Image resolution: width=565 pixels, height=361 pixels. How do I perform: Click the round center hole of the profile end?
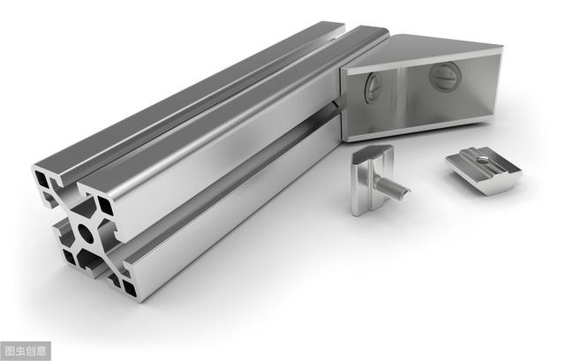pyautogui.click(x=86, y=234)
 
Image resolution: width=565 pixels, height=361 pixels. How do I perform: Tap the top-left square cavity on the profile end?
pyautogui.click(x=41, y=179)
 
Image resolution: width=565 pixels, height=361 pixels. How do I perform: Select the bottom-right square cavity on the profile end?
pyautogui.click(x=130, y=288)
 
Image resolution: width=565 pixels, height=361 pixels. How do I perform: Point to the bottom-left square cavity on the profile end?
pyautogui.click(x=69, y=257)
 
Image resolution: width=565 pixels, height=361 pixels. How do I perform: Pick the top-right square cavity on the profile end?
pyautogui.click(x=106, y=206)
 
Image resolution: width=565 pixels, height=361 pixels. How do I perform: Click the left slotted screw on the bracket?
pyautogui.click(x=373, y=86)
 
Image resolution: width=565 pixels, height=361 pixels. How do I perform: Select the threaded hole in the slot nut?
pyautogui.click(x=481, y=161)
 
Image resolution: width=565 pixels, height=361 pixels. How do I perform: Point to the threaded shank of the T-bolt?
pyautogui.click(x=393, y=188)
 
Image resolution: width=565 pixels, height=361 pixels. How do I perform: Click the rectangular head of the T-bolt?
pyautogui.click(x=371, y=179)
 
